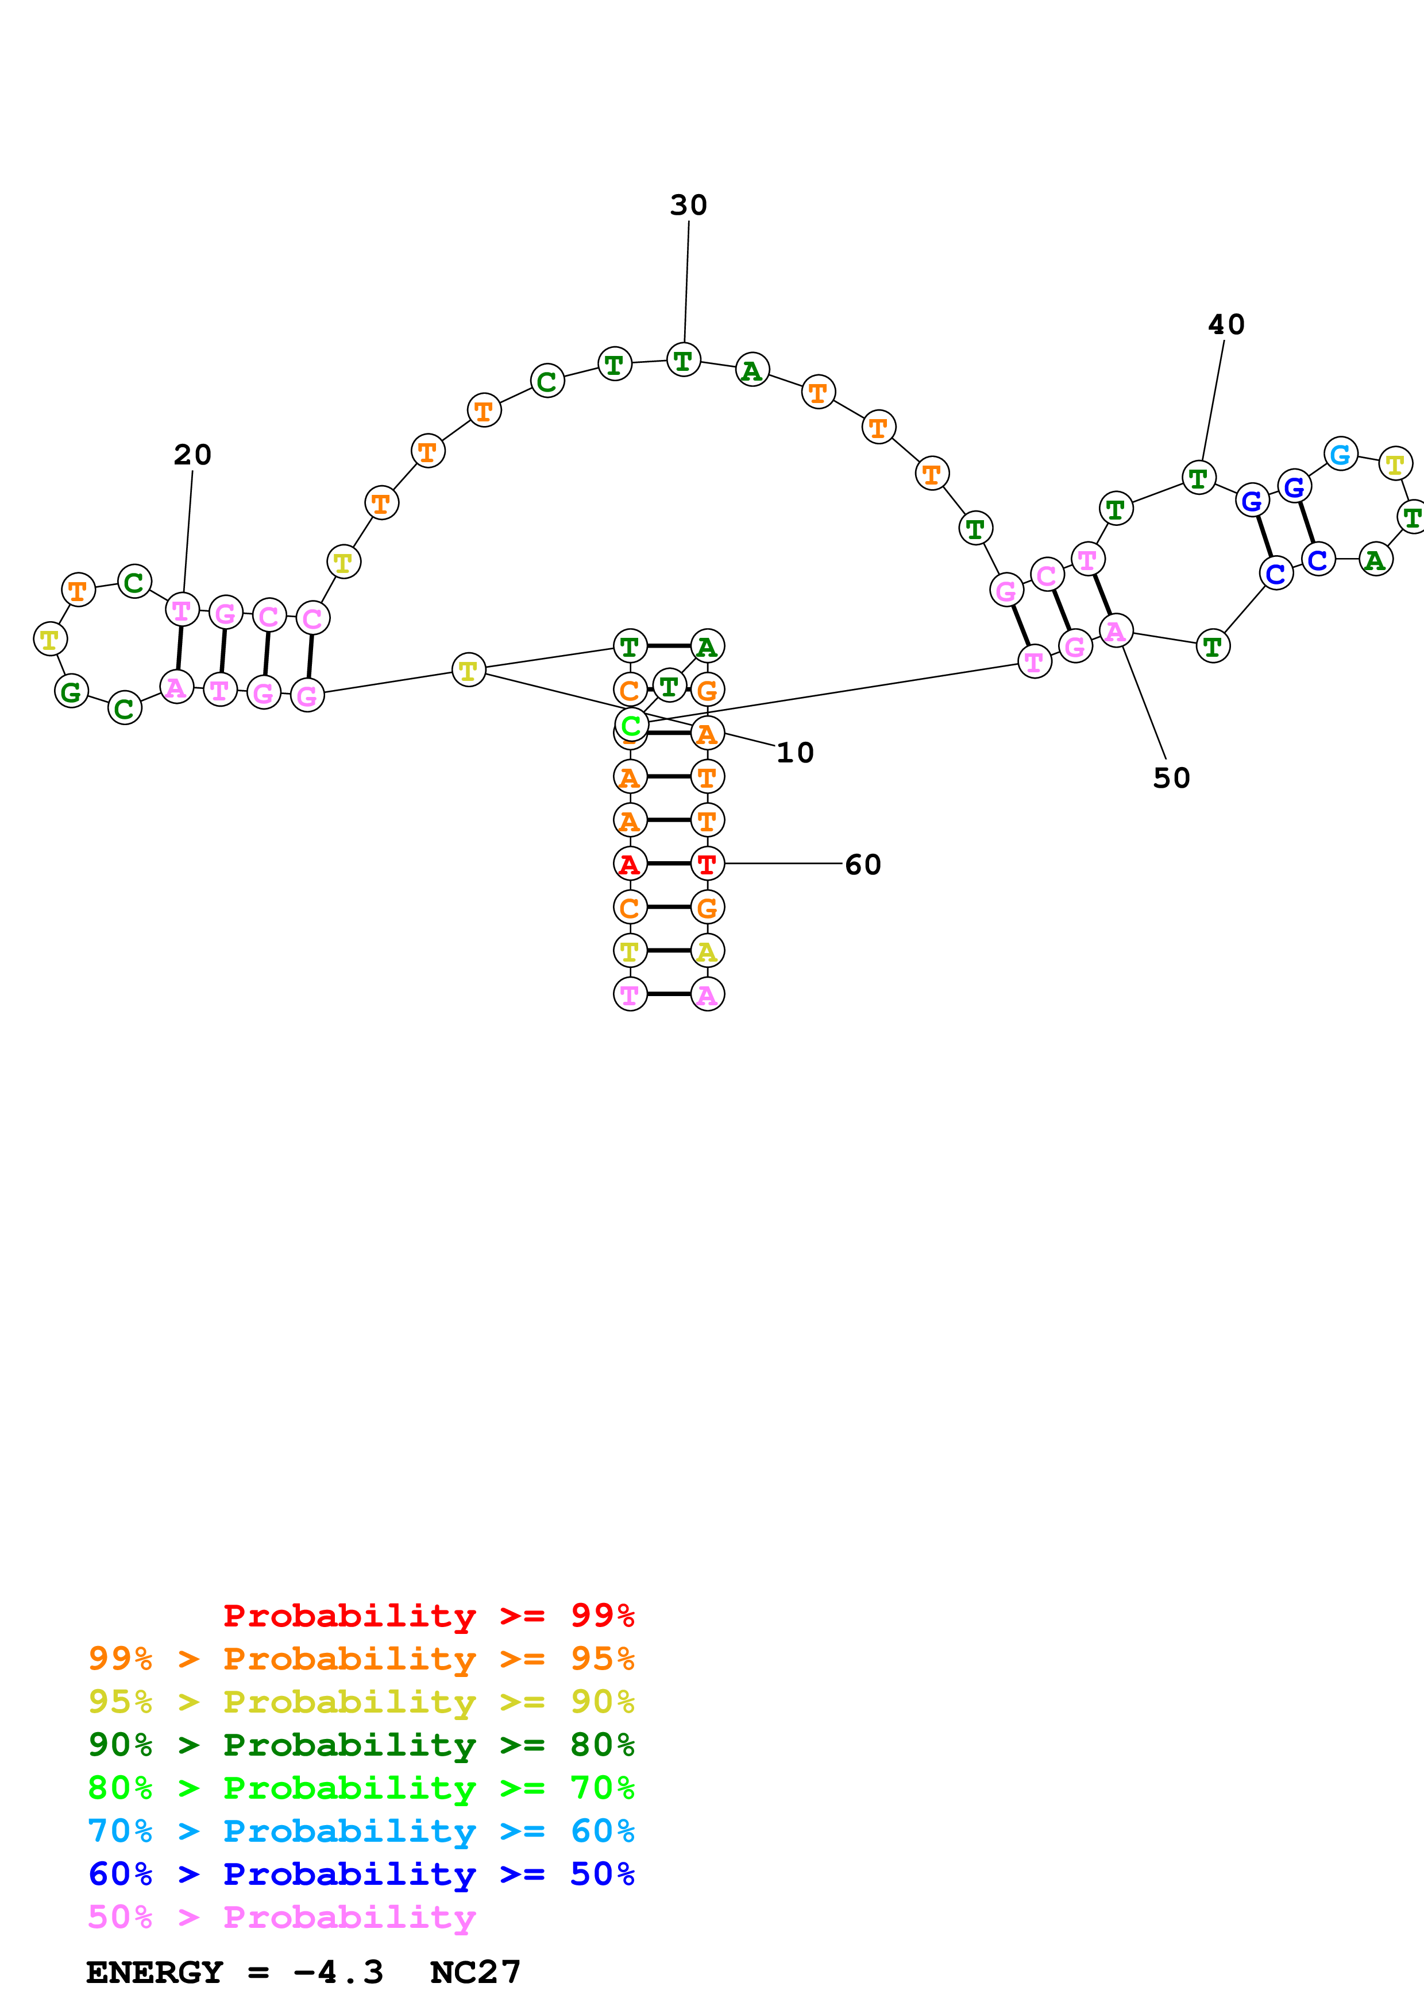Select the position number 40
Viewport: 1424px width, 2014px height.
point(1226,324)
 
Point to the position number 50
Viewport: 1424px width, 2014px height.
point(1171,778)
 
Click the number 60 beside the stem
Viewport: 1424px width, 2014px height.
point(862,865)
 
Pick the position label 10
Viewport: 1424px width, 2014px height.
point(795,753)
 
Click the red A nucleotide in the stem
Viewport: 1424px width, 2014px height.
point(629,864)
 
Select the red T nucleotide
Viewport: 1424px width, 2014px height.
point(707,864)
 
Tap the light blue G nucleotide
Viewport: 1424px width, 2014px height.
point(1340,454)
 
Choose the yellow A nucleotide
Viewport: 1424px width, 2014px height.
point(707,951)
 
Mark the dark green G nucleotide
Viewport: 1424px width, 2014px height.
point(71,691)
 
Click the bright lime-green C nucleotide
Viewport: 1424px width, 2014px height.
point(631,726)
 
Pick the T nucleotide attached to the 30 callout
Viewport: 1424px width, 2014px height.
point(684,359)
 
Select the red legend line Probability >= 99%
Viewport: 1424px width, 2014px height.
point(428,1616)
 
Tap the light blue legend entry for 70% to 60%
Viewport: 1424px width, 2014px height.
point(361,1831)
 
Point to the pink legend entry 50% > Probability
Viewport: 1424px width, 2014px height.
point(281,1918)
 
